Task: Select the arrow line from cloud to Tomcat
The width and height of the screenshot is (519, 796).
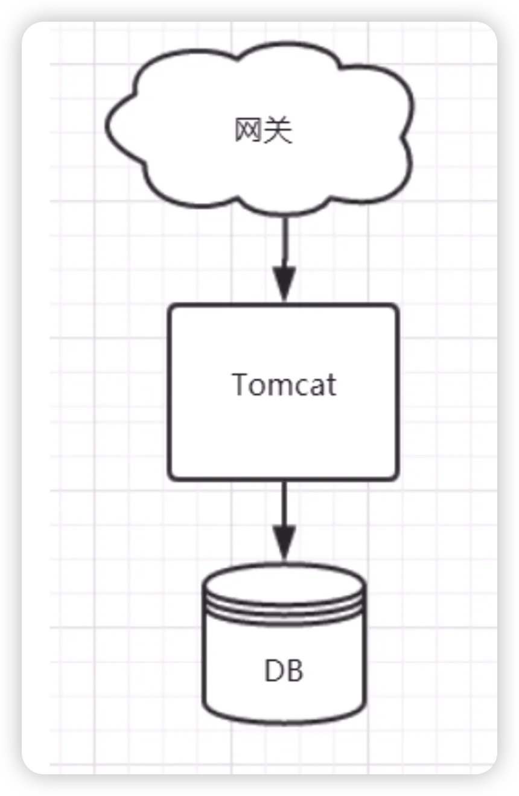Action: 284,241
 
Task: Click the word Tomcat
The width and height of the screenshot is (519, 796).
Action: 284,384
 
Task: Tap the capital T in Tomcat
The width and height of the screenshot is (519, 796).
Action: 240,384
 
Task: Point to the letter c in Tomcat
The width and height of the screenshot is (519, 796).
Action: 305,387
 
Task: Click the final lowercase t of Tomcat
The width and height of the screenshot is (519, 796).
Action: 331,385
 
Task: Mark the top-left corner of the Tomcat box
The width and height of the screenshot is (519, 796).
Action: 171,306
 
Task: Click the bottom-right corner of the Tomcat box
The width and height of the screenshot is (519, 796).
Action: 396,478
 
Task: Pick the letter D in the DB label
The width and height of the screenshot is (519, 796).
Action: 273,671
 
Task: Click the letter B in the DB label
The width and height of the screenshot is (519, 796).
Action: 295,671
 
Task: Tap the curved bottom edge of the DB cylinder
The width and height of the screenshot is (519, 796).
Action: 284,722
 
